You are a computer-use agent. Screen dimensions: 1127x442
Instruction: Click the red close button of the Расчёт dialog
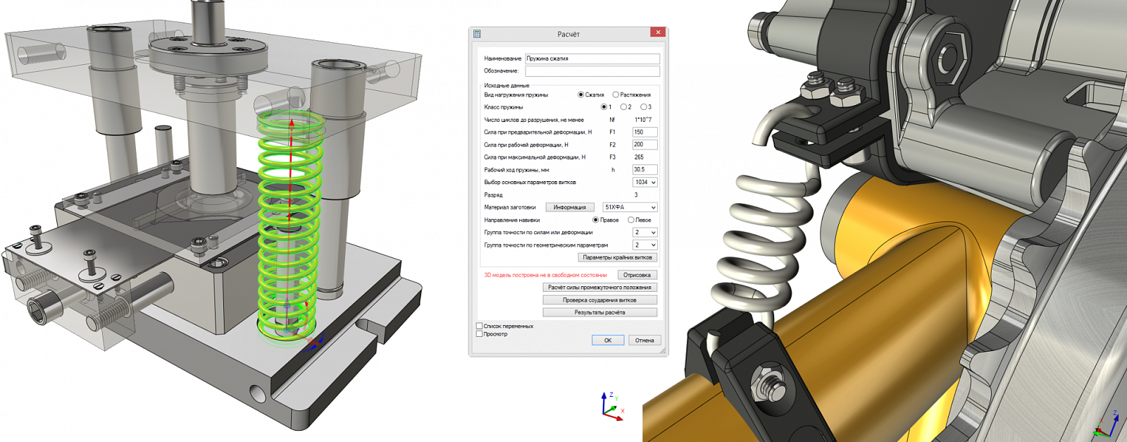(x=658, y=32)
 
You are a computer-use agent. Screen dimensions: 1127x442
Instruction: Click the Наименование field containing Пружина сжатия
(x=592, y=59)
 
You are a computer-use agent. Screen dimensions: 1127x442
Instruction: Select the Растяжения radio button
(x=616, y=94)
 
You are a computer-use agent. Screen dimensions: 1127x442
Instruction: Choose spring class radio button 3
(x=643, y=107)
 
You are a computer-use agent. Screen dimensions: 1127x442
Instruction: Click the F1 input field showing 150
(x=645, y=132)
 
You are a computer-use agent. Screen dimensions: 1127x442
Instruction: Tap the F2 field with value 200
(x=645, y=145)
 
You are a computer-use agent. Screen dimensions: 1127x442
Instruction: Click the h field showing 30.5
(x=645, y=170)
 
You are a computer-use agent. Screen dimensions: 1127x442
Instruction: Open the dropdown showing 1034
(x=645, y=183)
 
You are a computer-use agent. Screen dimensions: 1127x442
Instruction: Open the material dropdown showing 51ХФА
(x=630, y=207)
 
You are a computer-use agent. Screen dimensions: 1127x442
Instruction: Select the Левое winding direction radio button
(x=631, y=220)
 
